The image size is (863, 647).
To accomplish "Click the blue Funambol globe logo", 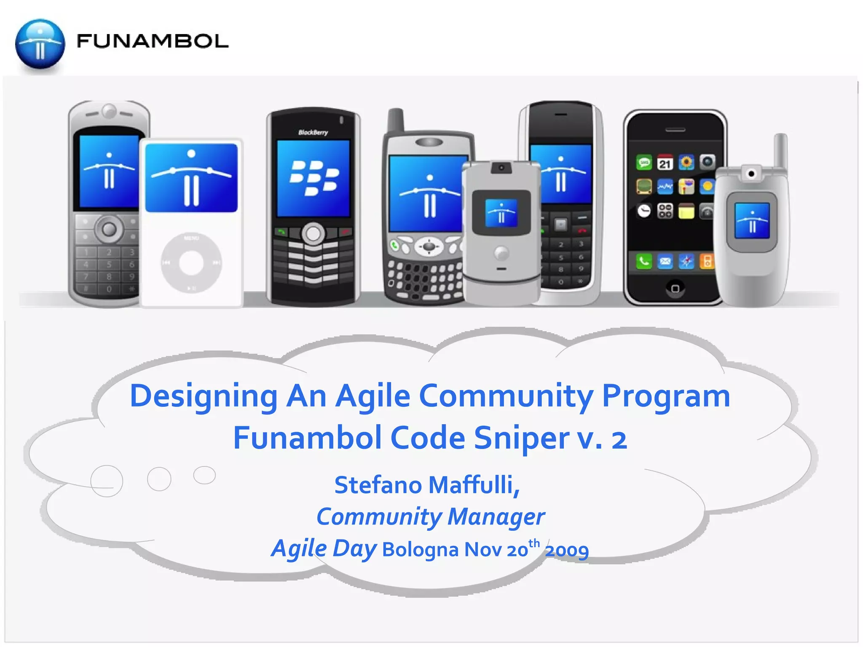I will (x=40, y=44).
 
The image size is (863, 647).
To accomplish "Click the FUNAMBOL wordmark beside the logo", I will (x=152, y=41).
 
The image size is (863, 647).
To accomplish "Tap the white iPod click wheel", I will (x=191, y=262).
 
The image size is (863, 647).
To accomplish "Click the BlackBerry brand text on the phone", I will (x=313, y=132).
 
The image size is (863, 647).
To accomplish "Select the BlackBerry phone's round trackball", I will (x=313, y=233).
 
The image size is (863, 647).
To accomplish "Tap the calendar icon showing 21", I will (x=665, y=163).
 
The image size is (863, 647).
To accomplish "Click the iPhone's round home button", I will (x=675, y=289).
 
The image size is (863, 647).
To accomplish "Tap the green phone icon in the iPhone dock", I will (x=644, y=262).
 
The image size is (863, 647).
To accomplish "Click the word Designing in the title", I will (x=203, y=396).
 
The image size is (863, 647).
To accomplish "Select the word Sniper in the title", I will (x=521, y=438).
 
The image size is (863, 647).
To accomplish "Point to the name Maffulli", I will (x=474, y=485).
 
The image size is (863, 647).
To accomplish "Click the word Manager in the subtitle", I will (x=496, y=517).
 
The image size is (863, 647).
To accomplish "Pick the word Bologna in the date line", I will (x=420, y=550).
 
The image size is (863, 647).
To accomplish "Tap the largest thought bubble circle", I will (x=107, y=481).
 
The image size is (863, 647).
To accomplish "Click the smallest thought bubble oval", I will (x=204, y=475).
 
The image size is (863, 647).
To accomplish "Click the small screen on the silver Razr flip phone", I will (x=501, y=213).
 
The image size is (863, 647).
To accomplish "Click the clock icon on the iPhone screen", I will (x=643, y=211).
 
